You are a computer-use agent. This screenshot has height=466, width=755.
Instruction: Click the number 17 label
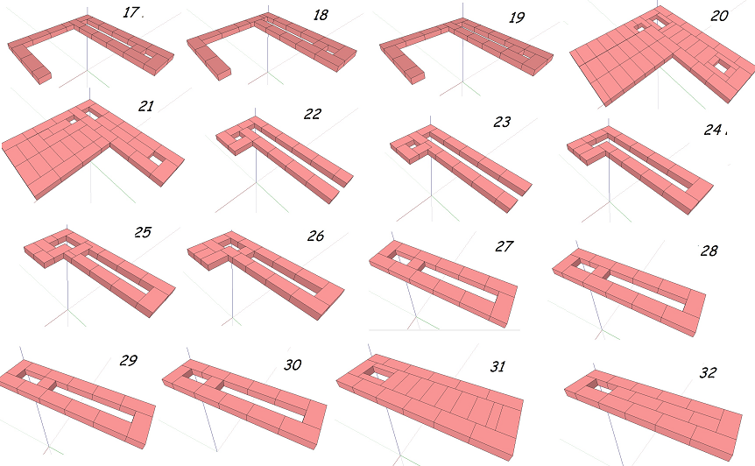click(x=131, y=12)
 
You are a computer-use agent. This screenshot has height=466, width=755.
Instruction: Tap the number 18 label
click(x=321, y=16)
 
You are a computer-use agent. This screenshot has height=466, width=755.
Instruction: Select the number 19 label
click(x=517, y=18)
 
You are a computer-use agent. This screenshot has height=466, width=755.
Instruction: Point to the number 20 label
click(x=719, y=16)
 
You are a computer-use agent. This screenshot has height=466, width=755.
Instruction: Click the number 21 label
click(x=146, y=106)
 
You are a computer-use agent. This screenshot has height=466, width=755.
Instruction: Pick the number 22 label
click(x=313, y=114)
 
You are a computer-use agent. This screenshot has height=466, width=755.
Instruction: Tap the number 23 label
click(x=502, y=122)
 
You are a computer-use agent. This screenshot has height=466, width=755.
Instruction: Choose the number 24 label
click(x=713, y=130)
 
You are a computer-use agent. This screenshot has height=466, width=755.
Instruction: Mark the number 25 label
click(x=143, y=232)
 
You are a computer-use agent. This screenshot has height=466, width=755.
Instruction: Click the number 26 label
click(x=316, y=236)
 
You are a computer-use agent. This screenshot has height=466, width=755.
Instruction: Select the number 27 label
click(x=505, y=246)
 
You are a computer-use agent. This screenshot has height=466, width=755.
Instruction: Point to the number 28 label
click(x=709, y=251)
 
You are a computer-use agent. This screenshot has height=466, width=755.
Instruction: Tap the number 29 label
click(x=129, y=360)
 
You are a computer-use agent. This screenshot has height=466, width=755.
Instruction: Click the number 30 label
click(x=293, y=365)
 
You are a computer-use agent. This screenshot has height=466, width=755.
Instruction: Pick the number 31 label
click(x=497, y=367)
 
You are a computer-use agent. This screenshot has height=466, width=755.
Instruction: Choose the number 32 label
click(x=708, y=372)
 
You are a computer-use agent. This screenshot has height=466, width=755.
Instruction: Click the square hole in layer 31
click(x=375, y=373)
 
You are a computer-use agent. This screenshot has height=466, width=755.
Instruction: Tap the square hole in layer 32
click(x=597, y=385)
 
